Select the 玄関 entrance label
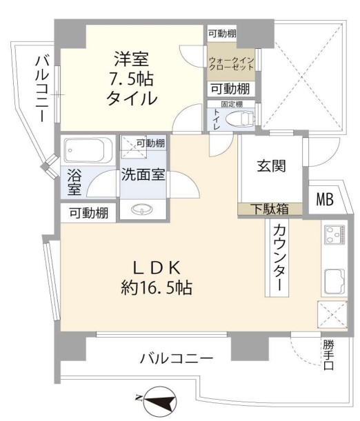[x=272, y=166]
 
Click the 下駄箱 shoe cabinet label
[x=272, y=209]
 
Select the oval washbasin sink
[x=143, y=209]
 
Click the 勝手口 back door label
[x=328, y=354]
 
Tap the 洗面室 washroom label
[x=143, y=174]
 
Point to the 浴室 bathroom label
[x=74, y=182]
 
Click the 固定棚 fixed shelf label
[x=231, y=105]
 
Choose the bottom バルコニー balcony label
[x=176, y=358]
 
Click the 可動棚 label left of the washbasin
[x=88, y=213]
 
